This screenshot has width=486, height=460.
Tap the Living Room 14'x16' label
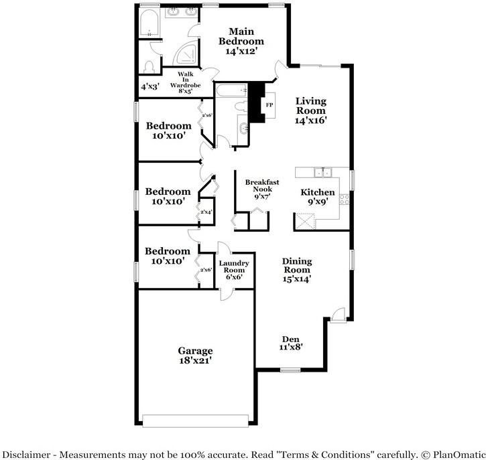click(310, 110)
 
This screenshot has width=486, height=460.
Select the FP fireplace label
click(269, 105)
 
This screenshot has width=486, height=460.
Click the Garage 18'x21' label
click(195, 355)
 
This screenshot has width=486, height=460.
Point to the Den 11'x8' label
click(292, 342)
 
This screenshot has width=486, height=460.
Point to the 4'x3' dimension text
click(149, 87)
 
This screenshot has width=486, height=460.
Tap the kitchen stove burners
click(344, 199)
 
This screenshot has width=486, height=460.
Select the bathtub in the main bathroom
click(147, 23)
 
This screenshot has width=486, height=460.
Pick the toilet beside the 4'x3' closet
click(149, 66)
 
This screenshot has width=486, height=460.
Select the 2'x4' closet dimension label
click(206, 212)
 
